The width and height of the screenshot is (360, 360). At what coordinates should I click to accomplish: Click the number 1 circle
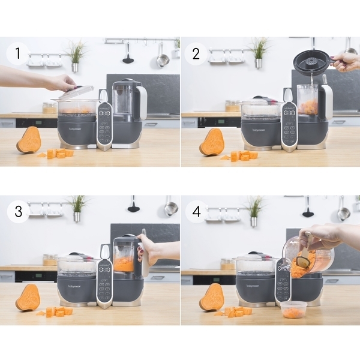pyautogui.click(x=18, y=55)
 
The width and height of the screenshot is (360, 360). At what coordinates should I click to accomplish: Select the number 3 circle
pyautogui.click(x=18, y=211)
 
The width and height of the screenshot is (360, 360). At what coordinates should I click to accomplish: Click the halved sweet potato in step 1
pyautogui.click(x=29, y=140)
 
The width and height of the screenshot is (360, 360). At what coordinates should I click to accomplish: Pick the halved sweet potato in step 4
pyautogui.click(x=211, y=298)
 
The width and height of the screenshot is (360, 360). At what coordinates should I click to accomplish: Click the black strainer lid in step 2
pyautogui.click(x=311, y=62)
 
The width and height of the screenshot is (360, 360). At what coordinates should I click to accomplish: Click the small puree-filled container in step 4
pyautogui.click(x=293, y=310)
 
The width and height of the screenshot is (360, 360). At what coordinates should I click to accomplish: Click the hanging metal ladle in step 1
pyautogui.click(x=163, y=56)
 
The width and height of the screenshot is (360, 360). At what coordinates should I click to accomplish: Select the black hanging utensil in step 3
pyautogui.click(x=133, y=206)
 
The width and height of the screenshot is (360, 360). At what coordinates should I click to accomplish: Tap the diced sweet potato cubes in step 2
pyautogui.click(x=244, y=155)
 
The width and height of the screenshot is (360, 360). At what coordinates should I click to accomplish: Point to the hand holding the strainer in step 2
pyautogui.click(x=346, y=61)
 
